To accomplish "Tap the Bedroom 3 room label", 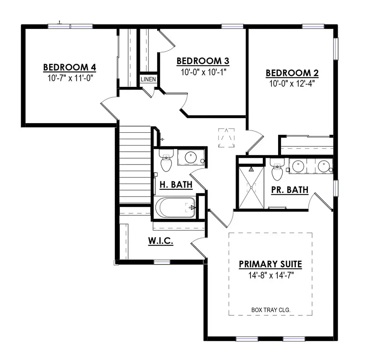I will click(203, 61).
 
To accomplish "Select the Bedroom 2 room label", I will click(292, 73).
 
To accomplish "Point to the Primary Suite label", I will click(270, 264).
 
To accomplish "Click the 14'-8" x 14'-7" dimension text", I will click(270, 274).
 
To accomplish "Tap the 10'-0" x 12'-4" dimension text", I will click(292, 83).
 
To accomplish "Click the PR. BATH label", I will click(290, 190).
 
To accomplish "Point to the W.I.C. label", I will click(160, 241).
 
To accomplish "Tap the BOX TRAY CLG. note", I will click(270, 309).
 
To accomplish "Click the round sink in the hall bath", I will click(191, 157).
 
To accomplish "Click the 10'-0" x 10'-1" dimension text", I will click(203, 72).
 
